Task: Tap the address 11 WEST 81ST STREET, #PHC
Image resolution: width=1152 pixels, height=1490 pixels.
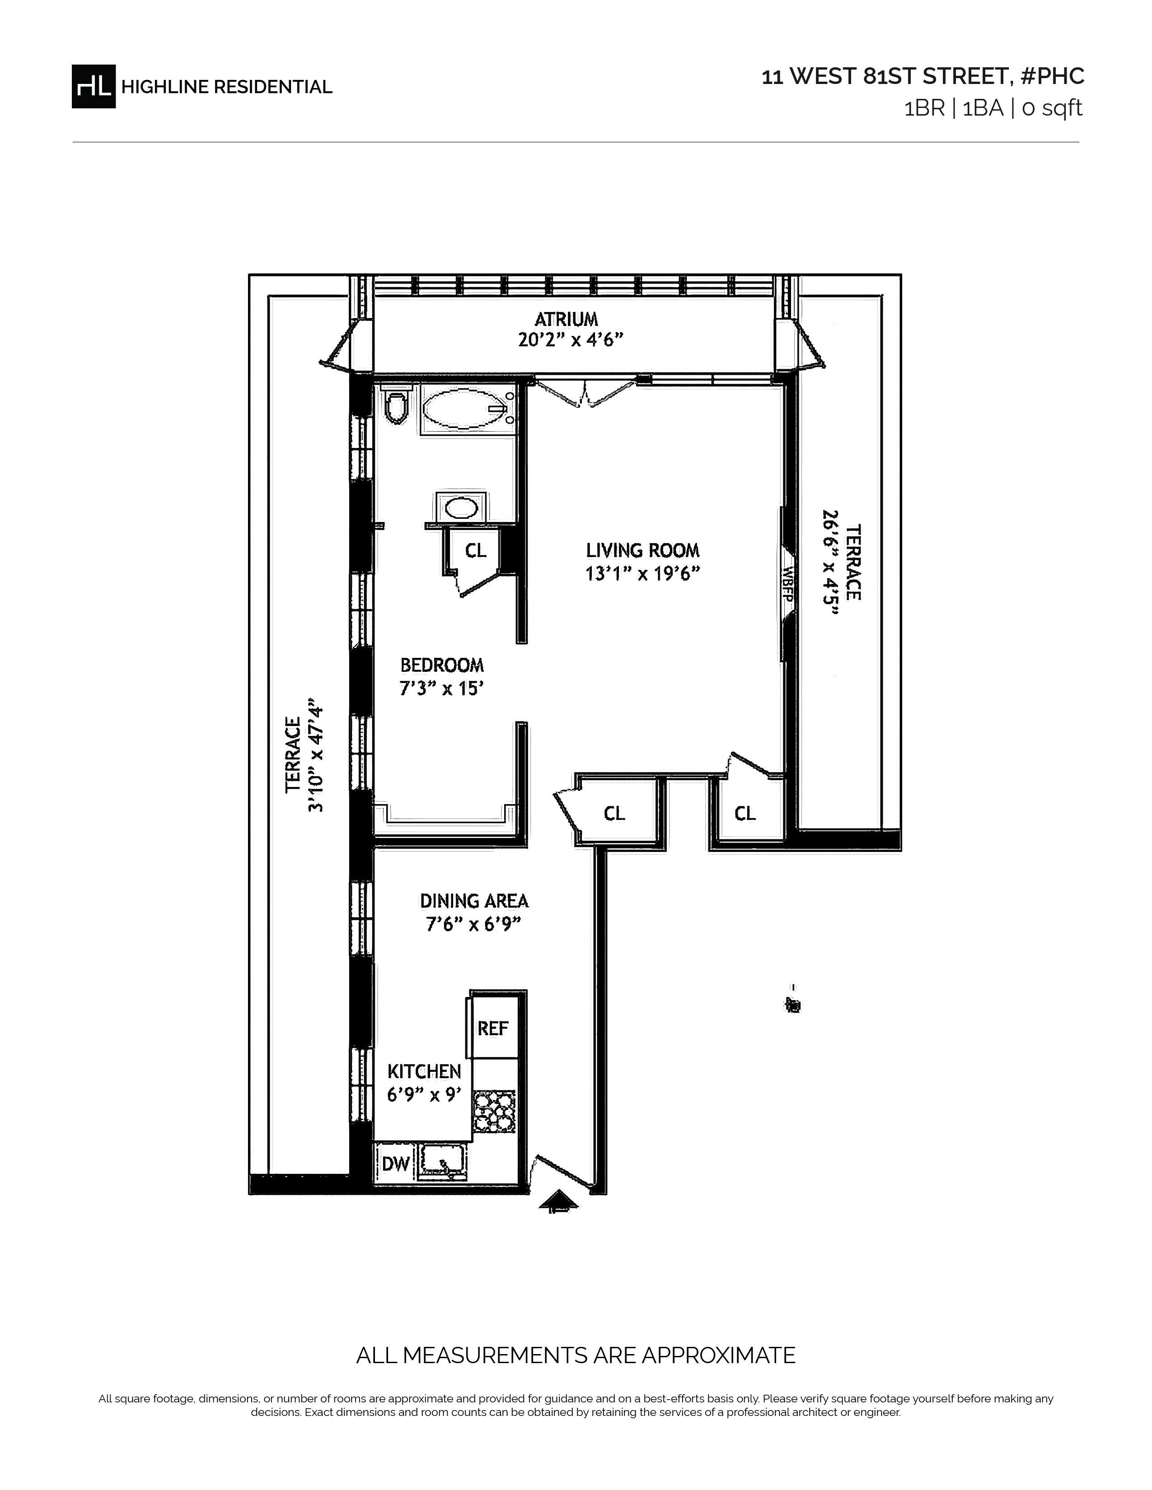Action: (923, 76)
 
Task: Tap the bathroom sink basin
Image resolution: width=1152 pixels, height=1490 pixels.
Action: (461, 508)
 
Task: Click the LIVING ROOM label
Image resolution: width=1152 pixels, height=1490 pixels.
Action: (643, 550)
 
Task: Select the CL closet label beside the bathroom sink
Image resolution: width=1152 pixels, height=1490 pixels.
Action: (476, 550)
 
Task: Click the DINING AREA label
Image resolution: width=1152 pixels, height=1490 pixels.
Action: (474, 901)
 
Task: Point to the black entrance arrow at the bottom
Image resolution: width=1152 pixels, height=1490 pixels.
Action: (558, 1200)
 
